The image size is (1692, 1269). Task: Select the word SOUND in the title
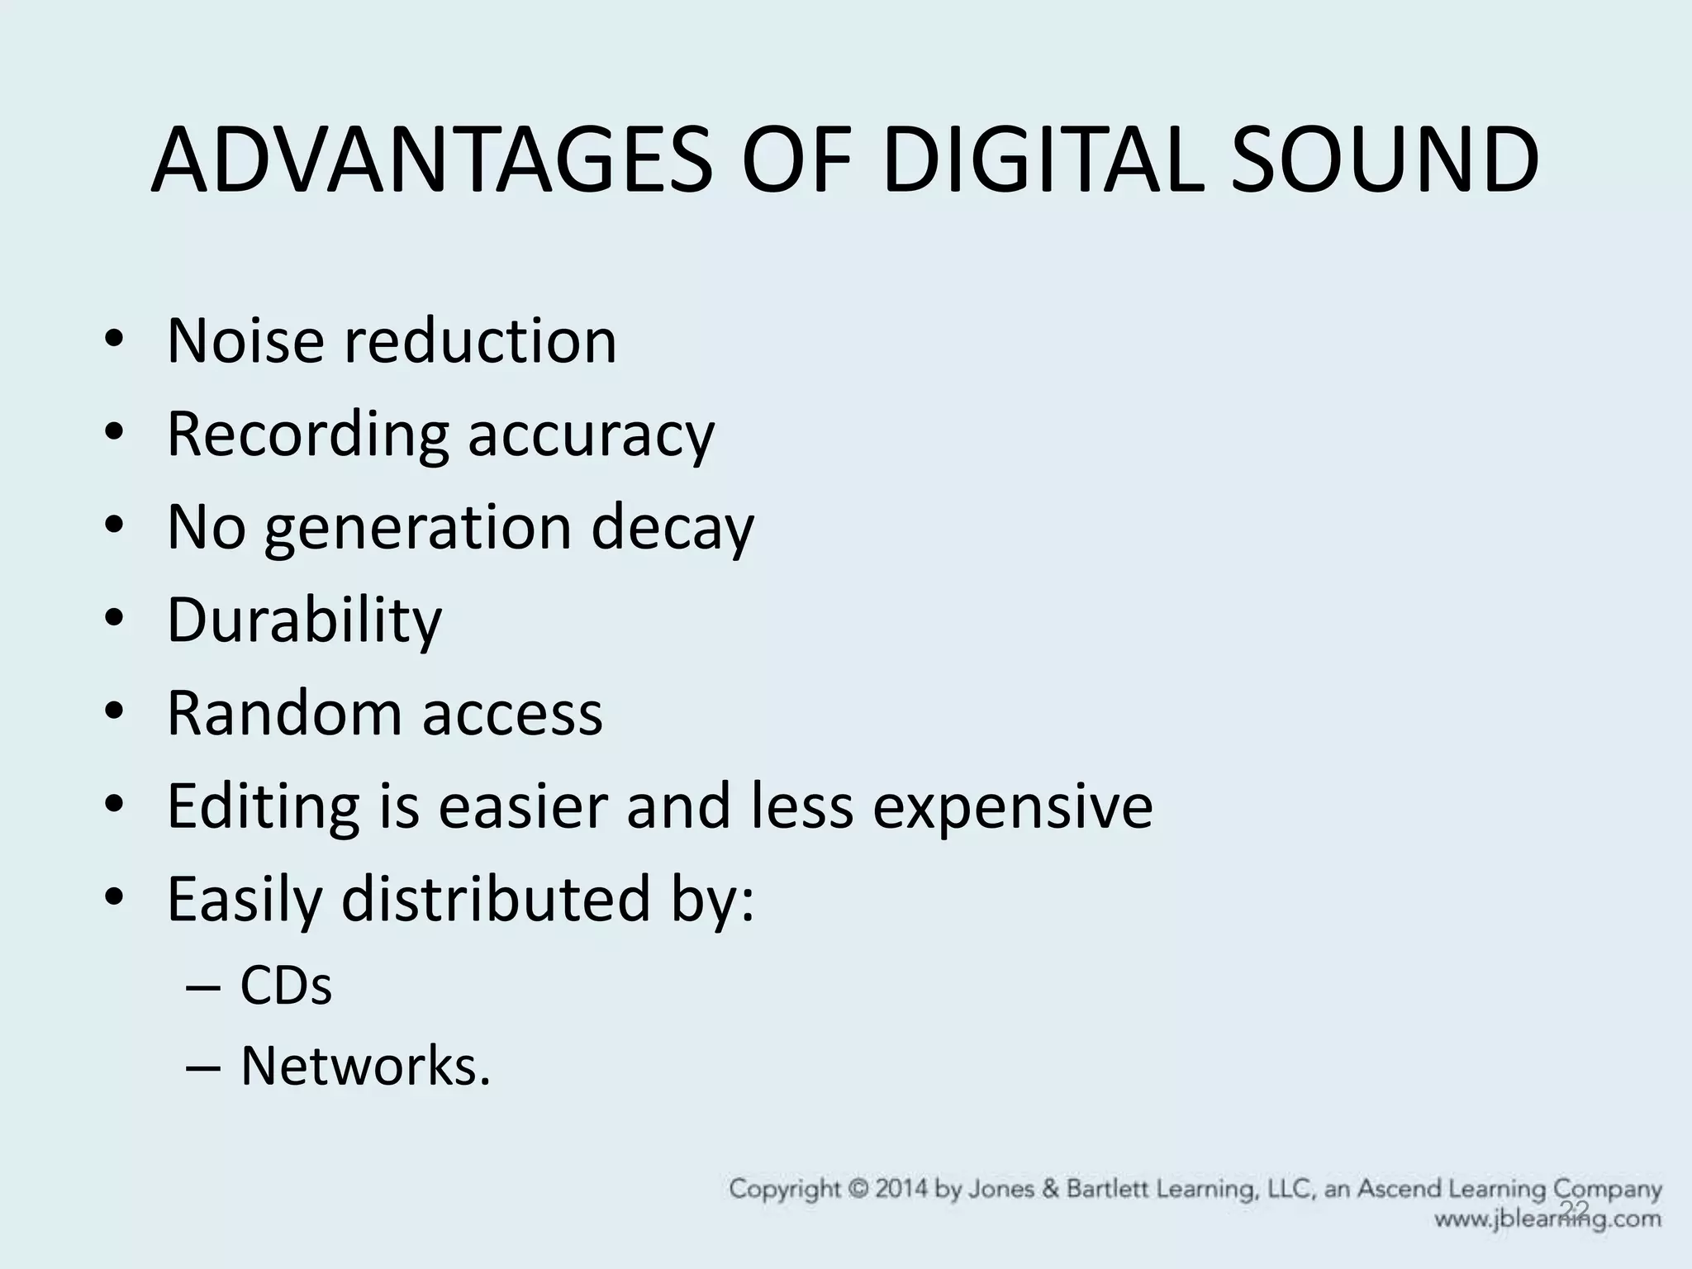[x=1385, y=162]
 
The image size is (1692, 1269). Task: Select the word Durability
[x=304, y=620]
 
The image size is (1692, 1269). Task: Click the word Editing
[x=263, y=806]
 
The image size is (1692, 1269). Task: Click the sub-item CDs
[x=286, y=986]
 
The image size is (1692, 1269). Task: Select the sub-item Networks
[x=364, y=1066]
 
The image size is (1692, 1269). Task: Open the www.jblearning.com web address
[x=1547, y=1219]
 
